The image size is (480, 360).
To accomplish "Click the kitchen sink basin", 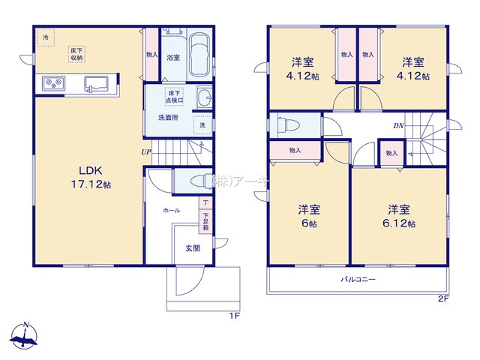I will point(96,82).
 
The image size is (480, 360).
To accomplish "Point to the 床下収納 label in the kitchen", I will point(77,54).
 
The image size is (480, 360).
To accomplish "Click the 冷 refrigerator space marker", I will point(45,37).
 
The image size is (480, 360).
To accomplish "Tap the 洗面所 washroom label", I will point(167,118).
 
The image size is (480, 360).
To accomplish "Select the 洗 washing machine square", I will point(202,124).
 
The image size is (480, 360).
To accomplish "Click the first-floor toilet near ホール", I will point(197,181).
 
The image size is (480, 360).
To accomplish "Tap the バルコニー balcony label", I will point(360,280).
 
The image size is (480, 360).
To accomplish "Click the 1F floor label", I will point(233,316).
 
